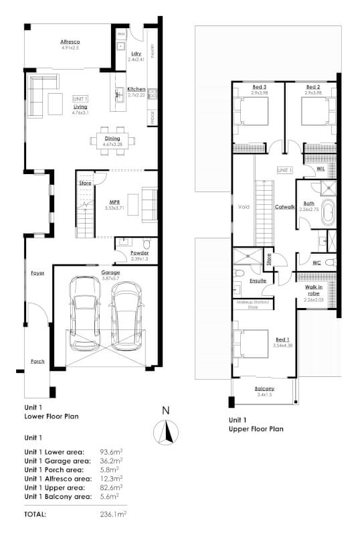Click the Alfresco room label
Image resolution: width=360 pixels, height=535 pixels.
[x=70, y=42]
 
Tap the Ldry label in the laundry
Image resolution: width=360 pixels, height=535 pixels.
[x=137, y=54]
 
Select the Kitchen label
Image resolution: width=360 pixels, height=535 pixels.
[x=137, y=89]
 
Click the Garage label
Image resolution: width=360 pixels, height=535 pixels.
[x=110, y=273]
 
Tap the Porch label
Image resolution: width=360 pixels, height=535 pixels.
[x=37, y=361]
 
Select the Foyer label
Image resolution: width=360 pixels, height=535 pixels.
[x=37, y=273]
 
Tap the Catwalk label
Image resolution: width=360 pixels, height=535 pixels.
[x=284, y=207]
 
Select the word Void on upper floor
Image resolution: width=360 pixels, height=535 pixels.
[x=244, y=207]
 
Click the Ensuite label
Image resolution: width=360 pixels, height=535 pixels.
[x=258, y=281]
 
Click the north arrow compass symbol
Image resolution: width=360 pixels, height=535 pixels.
[x=165, y=433]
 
